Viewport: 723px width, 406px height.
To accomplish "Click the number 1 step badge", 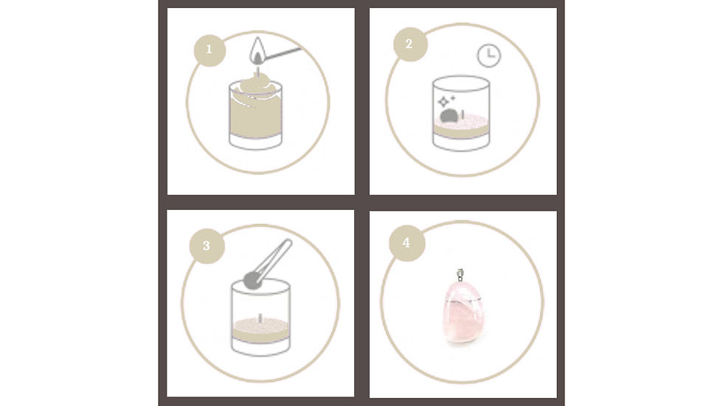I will click(210, 50).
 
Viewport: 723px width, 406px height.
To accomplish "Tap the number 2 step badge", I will click(409, 43).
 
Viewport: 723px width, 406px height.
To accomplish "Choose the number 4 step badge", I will click(406, 242).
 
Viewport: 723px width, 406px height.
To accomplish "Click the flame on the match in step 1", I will click(257, 51).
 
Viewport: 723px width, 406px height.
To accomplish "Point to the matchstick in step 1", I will click(285, 54).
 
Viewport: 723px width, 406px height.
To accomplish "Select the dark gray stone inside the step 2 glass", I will click(448, 116).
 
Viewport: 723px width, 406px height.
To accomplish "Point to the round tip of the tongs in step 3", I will click(252, 279).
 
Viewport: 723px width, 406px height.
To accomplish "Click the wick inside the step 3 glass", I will click(260, 319).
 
